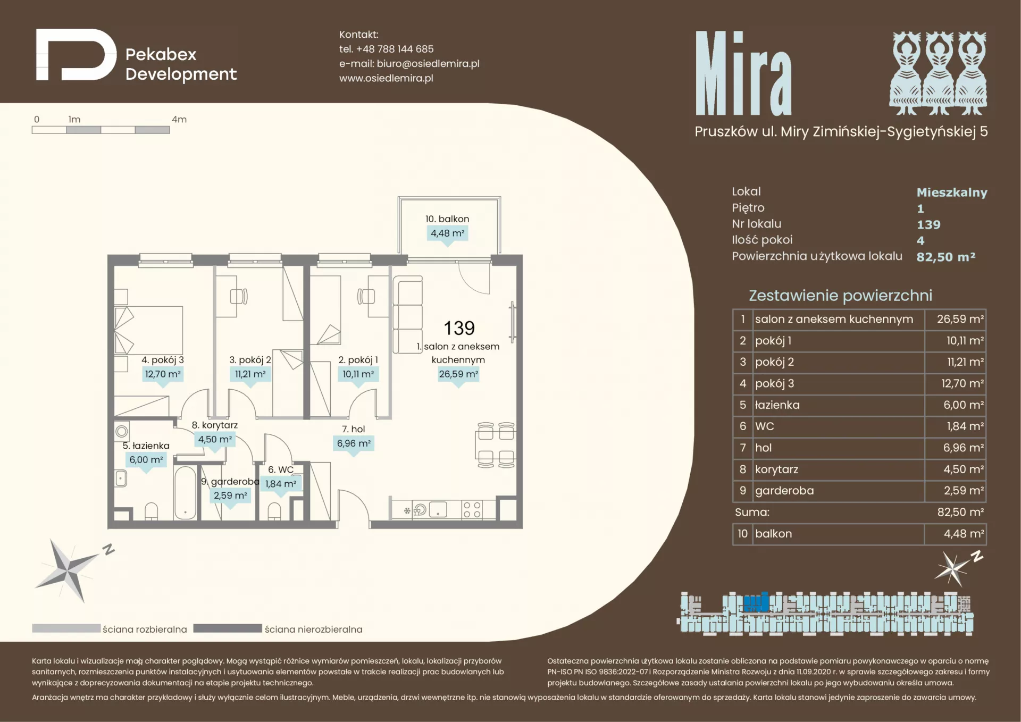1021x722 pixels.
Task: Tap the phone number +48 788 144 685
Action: tap(395, 49)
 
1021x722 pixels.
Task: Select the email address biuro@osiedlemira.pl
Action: tap(428, 64)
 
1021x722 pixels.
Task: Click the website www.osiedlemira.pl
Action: tap(386, 78)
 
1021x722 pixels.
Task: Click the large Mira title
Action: tap(743, 73)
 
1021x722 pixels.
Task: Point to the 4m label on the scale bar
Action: tap(179, 120)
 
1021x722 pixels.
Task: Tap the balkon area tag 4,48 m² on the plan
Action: tap(447, 233)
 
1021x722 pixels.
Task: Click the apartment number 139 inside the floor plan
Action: tap(459, 328)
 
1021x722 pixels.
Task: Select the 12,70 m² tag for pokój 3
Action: tap(163, 374)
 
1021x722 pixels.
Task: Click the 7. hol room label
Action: tap(353, 429)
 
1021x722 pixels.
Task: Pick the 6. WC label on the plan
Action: tap(281, 469)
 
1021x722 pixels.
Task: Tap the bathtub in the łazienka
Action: tap(185, 492)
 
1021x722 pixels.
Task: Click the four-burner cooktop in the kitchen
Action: tap(472, 510)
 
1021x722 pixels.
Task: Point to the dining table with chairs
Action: tap(496, 445)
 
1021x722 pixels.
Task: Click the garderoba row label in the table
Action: tap(784, 491)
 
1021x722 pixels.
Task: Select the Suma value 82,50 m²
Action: tap(960, 512)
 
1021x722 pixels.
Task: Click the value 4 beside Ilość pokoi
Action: tap(920, 240)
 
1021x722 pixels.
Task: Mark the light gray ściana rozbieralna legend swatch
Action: tap(66, 628)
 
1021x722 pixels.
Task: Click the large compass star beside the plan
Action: tap(68, 570)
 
